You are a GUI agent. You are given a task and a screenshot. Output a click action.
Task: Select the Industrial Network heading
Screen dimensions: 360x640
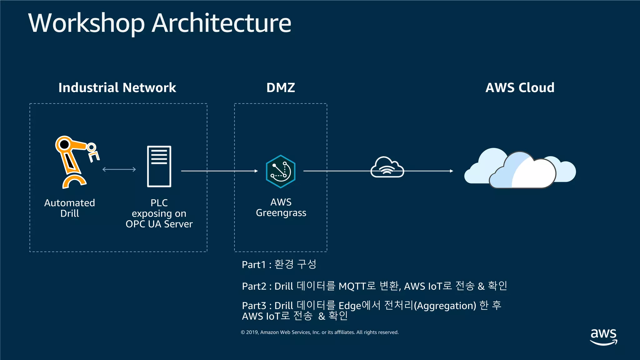click(117, 88)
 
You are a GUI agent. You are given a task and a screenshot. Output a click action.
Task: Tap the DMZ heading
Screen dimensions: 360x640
click(281, 88)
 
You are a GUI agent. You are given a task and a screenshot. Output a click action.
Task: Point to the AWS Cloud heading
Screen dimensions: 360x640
click(520, 88)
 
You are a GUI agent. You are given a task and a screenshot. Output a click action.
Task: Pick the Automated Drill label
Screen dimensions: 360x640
click(70, 208)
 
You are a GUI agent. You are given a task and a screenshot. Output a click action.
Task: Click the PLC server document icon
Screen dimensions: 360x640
click(159, 166)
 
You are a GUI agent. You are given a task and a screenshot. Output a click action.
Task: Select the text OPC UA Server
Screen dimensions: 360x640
click(159, 224)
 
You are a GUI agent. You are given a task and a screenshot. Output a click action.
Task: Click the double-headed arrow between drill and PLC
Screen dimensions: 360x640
click(119, 169)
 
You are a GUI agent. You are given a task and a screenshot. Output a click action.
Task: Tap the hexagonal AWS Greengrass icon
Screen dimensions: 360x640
click(281, 171)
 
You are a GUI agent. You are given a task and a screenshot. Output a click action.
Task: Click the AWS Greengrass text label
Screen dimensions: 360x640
click(281, 207)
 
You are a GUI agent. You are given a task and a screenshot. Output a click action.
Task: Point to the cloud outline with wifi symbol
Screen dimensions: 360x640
click(387, 168)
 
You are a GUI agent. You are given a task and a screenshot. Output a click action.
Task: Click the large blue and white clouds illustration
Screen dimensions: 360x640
click(520, 169)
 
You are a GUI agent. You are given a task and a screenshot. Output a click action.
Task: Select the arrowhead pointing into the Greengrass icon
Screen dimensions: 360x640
click(256, 171)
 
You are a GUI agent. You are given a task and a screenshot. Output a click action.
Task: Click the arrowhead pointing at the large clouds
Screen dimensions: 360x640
click(451, 171)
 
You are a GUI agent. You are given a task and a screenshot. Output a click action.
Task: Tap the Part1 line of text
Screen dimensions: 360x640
click(279, 265)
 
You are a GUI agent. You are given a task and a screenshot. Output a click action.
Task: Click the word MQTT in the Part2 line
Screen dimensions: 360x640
click(352, 286)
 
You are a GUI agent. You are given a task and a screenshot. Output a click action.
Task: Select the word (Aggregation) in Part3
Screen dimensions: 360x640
click(445, 306)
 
